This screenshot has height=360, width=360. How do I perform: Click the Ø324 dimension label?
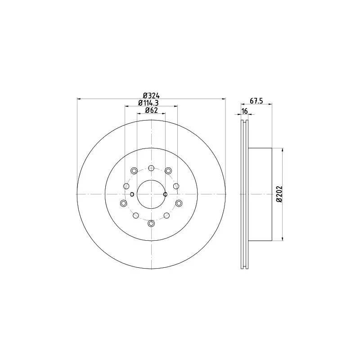pyautogui.click(x=151, y=95)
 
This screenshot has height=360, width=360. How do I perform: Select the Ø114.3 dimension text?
pyautogui.click(x=148, y=103)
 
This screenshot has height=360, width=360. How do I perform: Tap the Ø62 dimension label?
pyautogui.click(x=151, y=110)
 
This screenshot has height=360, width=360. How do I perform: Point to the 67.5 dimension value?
pyautogui.click(x=256, y=101)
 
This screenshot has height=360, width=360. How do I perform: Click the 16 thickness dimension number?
pyautogui.click(x=245, y=111)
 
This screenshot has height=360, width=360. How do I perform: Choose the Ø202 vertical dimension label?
pyautogui.click(x=279, y=194)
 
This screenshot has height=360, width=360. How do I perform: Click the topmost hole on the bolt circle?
pyautogui.click(x=151, y=168)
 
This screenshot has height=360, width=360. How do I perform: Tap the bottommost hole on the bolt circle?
pyautogui.click(x=151, y=223)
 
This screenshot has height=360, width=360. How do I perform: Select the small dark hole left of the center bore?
pyautogui.click(x=132, y=194)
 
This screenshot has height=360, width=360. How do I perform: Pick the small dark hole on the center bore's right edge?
pyautogui.click(x=165, y=194)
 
